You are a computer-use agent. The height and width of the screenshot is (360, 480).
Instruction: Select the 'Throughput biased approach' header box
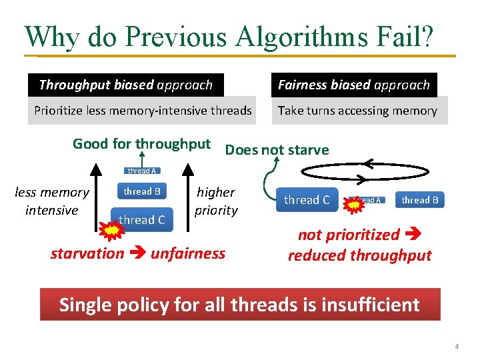[126, 85]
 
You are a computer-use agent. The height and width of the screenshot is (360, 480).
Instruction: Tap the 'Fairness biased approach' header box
[354, 85]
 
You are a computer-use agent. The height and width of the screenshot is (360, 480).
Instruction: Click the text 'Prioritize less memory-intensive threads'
[143, 111]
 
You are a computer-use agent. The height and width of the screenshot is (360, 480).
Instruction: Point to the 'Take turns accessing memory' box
[358, 111]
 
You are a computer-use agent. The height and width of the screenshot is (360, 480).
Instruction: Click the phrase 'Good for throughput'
[141, 143]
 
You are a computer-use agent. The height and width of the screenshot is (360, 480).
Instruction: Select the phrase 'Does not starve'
[277, 149]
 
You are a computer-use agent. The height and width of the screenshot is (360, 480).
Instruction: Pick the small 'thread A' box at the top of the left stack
[142, 171]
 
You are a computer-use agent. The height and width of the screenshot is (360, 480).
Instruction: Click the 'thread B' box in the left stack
[142, 191]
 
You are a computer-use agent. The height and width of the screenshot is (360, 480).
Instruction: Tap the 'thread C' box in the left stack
[142, 219]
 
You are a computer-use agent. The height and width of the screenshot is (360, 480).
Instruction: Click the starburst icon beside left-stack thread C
[111, 230]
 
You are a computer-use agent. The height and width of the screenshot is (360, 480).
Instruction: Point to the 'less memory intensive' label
[52, 201]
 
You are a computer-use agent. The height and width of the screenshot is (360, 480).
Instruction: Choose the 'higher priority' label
[216, 201]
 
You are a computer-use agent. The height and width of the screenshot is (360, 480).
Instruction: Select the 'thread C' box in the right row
[307, 200]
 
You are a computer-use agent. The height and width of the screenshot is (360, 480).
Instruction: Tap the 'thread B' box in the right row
[420, 200]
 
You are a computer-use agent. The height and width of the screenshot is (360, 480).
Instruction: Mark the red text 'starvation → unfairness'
[138, 253]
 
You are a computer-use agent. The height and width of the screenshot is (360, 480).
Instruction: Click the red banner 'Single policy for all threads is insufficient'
[239, 305]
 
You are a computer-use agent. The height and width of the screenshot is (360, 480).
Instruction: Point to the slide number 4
[457, 347]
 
